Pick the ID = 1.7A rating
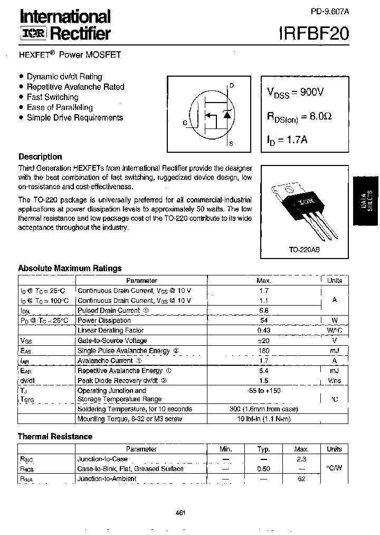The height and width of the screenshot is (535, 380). tap(288, 140)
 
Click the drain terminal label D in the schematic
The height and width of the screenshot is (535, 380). tap(232, 86)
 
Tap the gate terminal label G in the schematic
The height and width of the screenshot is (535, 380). tap(185, 123)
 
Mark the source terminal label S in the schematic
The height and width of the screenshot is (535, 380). tap(231, 143)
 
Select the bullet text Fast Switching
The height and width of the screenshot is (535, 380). tap(52, 97)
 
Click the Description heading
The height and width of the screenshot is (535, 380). tap(40, 156)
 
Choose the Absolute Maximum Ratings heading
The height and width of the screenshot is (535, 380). tap(70, 268)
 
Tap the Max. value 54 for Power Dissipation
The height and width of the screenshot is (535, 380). tap(264, 320)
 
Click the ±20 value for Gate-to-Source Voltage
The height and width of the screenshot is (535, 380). tap(264, 340)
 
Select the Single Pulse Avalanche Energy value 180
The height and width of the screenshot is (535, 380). tap(264, 350)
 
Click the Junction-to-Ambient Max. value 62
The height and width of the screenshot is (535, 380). tap(301, 479)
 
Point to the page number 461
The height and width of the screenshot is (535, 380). tap(180, 512)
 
